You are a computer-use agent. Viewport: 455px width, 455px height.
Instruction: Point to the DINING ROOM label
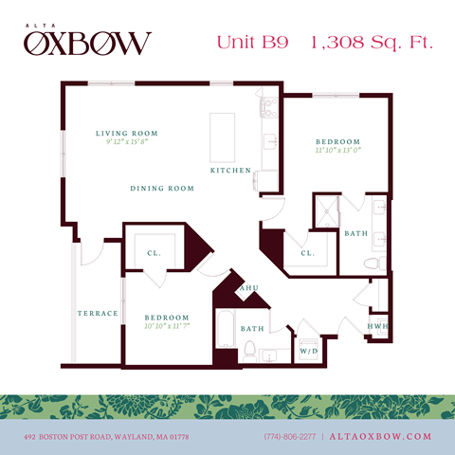162,189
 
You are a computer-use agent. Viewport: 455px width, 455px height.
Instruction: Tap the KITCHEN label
230,171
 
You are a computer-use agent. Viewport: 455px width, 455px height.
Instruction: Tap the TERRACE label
98,313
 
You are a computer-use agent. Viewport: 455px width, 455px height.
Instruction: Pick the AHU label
250,288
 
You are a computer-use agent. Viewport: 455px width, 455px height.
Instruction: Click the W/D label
309,351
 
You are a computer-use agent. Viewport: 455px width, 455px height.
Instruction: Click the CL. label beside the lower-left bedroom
153,253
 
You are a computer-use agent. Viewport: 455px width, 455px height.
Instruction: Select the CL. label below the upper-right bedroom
307,254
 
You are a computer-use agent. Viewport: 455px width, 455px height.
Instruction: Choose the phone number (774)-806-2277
290,436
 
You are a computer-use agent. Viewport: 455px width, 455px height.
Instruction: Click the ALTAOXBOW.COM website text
381,436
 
